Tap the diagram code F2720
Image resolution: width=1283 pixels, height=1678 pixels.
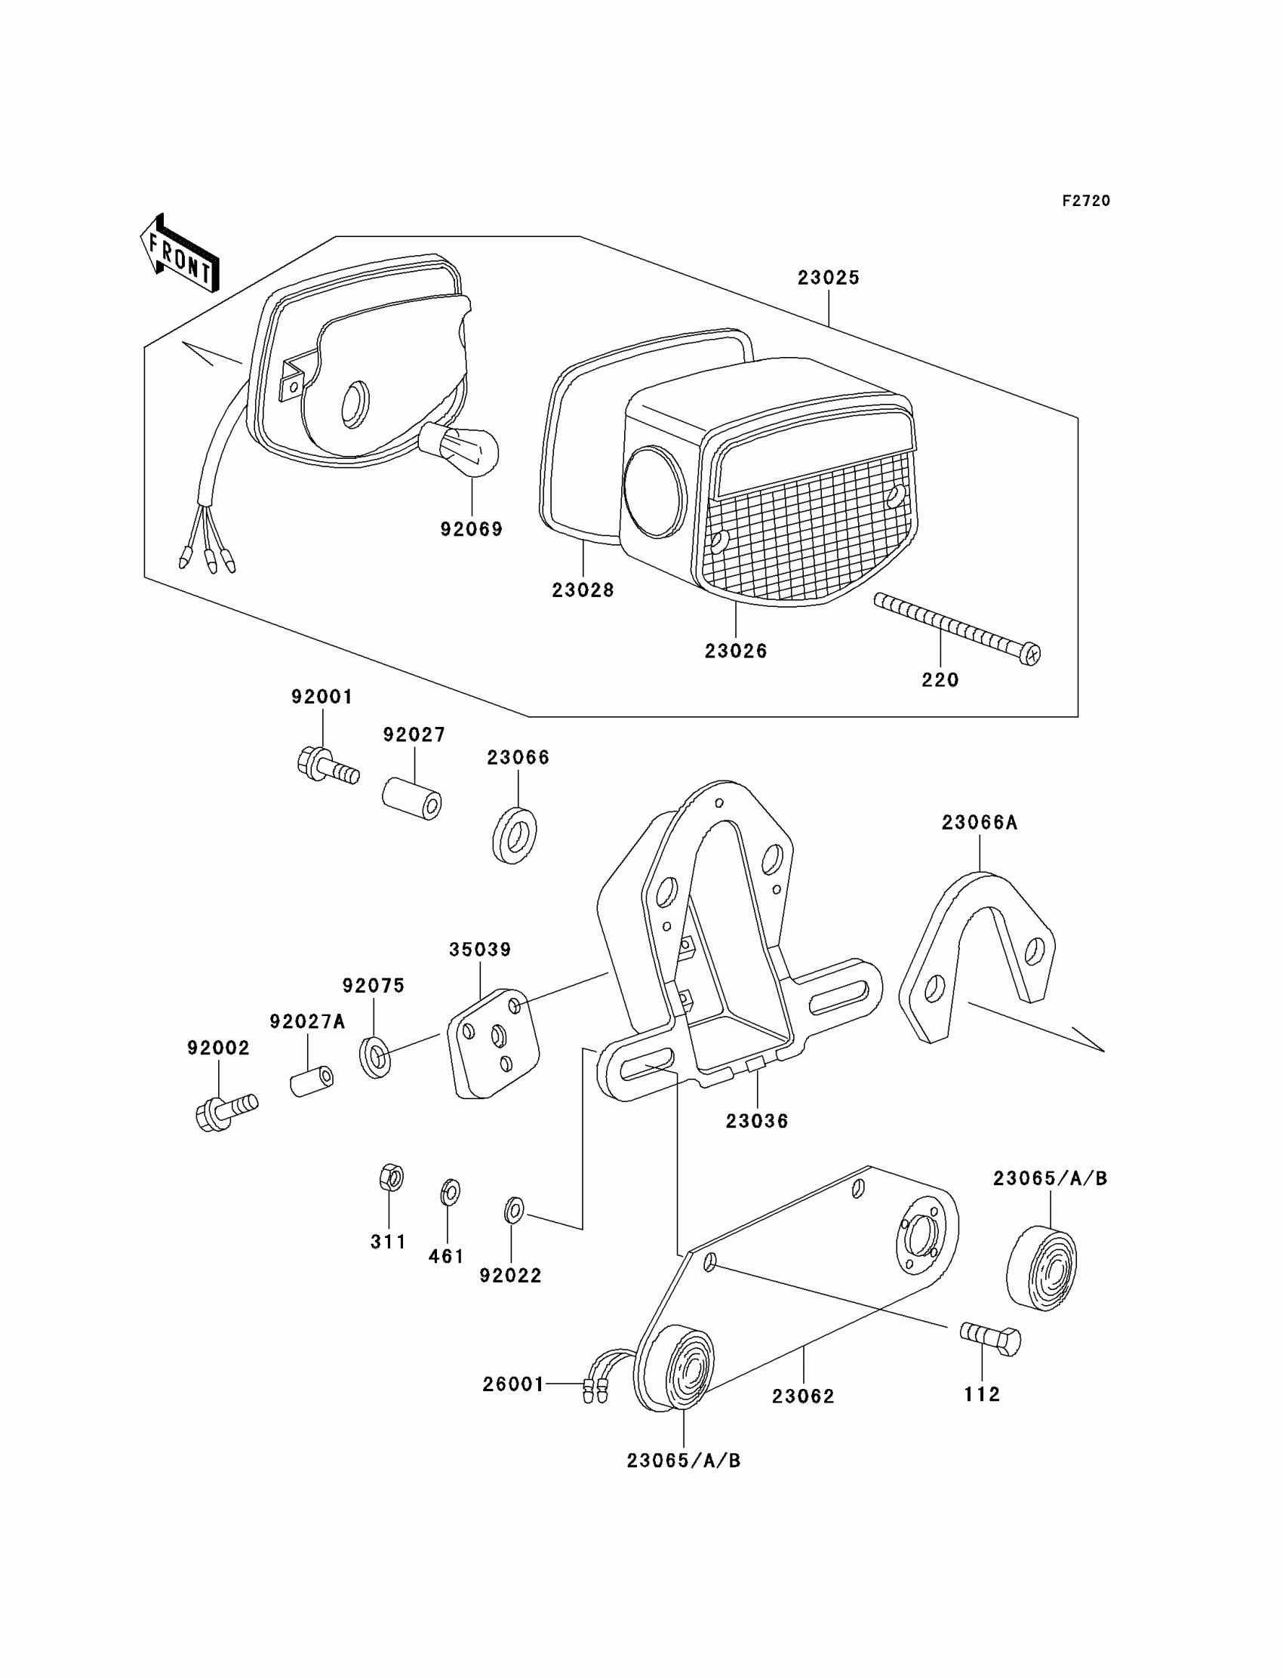coord(1085,201)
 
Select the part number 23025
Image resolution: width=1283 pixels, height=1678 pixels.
coord(829,278)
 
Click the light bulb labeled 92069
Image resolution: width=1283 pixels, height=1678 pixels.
coord(460,450)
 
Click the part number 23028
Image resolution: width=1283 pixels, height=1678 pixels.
coord(583,590)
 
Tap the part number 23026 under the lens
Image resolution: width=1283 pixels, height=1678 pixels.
coord(735,651)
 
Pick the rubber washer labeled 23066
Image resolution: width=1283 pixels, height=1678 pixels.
coord(514,834)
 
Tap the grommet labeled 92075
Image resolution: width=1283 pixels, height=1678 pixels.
coord(375,1056)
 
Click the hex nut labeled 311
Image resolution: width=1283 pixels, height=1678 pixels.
coord(391,1177)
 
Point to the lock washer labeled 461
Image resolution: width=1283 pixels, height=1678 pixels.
coord(451,1191)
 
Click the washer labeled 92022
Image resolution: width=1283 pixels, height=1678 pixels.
coord(514,1210)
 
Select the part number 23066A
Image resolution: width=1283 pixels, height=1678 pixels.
coord(979,823)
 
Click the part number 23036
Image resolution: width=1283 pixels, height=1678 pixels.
coord(756,1121)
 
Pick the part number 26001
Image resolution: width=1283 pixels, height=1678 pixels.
coord(513,1384)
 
